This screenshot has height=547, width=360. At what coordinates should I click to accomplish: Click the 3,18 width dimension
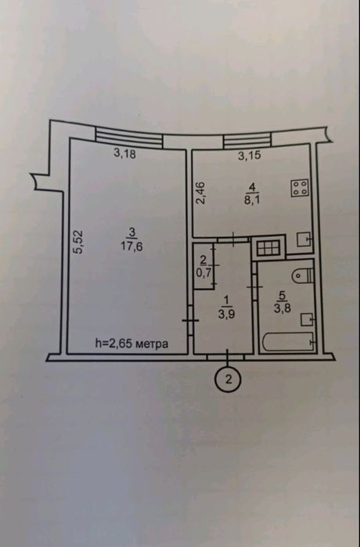[125, 153]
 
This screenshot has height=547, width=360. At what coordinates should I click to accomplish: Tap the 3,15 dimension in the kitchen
[250, 155]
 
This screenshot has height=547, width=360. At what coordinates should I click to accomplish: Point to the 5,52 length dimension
[79, 241]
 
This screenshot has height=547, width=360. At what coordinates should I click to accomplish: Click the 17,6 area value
[131, 247]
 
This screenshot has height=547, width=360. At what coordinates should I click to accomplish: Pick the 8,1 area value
[252, 201]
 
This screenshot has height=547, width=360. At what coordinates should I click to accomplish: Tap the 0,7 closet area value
[204, 273]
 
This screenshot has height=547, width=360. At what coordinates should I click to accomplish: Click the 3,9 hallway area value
[226, 314]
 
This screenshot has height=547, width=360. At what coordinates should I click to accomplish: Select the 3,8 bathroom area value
[283, 308]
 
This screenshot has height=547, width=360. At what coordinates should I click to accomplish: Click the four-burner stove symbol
[300, 189]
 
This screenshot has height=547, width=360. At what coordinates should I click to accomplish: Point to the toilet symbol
[303, 275]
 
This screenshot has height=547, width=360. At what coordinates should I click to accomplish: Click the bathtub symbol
[290, 342]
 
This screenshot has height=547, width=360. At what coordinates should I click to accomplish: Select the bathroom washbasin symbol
[308, 318]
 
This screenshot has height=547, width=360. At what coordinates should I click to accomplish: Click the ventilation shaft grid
[268, 248]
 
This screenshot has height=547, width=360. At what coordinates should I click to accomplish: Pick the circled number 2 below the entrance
[229, 380]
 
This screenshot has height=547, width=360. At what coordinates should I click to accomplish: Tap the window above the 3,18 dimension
[129, 137]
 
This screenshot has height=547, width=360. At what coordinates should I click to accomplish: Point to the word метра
[151, 344]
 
